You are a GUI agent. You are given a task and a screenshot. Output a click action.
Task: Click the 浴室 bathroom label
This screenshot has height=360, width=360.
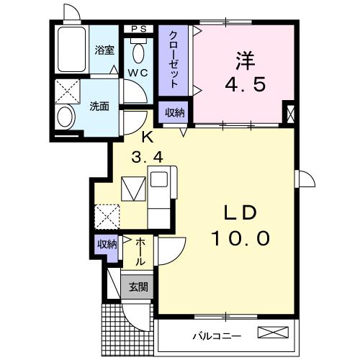click(105, 50)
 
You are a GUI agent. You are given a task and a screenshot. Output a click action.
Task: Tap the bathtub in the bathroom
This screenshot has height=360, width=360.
click(72, 50)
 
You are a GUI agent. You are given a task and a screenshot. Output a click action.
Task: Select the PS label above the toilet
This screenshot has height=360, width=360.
click(139, 30)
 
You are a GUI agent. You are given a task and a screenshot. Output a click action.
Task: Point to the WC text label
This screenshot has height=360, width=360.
click(138, 73)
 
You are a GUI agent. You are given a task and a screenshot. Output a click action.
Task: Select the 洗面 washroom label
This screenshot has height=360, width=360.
click(99, 106)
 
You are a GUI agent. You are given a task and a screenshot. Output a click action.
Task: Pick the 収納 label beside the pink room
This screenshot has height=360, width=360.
click(173, 112)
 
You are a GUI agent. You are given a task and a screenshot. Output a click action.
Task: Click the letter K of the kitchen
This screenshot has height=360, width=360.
click(147, 136)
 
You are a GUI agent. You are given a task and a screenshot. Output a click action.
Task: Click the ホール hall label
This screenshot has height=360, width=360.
click(140, 251)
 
